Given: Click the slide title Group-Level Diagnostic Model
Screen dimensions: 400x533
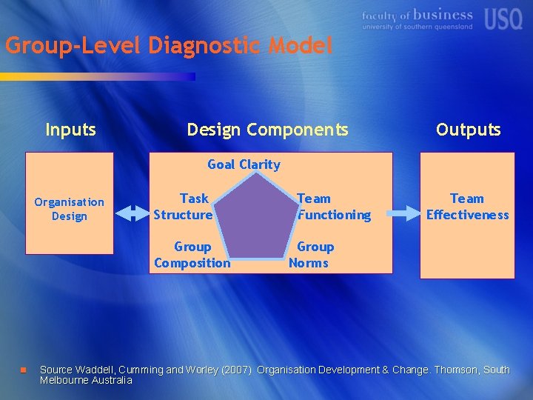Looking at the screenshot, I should (x=169, y=46).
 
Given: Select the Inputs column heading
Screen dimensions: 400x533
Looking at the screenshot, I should (x=70, y=130).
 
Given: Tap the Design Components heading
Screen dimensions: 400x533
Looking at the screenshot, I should (x=267, y=130).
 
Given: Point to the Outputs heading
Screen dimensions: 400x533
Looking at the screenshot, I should (x=468, y=130).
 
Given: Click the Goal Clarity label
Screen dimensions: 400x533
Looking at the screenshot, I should (x=244, y=164).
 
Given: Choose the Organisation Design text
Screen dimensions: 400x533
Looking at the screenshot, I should (x=70, y=209).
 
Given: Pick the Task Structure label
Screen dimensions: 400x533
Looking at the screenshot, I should (x=183, y=207).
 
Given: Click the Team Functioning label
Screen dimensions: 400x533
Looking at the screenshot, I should (x=333, y=207).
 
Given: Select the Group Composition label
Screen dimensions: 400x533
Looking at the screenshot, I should (x=192, y=255).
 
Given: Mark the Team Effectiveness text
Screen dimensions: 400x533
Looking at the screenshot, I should (x=467, y=207).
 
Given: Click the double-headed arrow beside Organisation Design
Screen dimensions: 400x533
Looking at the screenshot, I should (x=133, y=213).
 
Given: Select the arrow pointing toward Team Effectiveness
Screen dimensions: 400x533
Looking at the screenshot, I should (x=403, y=213).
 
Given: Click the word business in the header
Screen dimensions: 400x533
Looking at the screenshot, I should (x=443, y=15).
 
